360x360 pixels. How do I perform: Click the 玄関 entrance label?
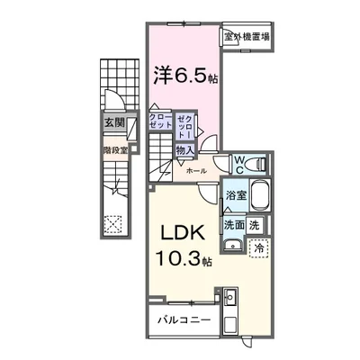click(113, 122)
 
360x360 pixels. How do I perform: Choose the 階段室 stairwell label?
click(114, 150)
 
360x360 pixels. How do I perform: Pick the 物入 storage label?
click(184, 150)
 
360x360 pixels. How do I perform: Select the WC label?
click(241, 163)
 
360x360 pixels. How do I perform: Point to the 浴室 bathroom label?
click(237, 193)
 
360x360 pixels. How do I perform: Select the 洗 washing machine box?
click(256, 224)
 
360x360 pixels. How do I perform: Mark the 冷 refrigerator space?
click(258, 247)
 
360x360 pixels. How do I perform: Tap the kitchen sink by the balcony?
click(229, 298)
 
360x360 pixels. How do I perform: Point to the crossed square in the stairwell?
click(114, 225)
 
